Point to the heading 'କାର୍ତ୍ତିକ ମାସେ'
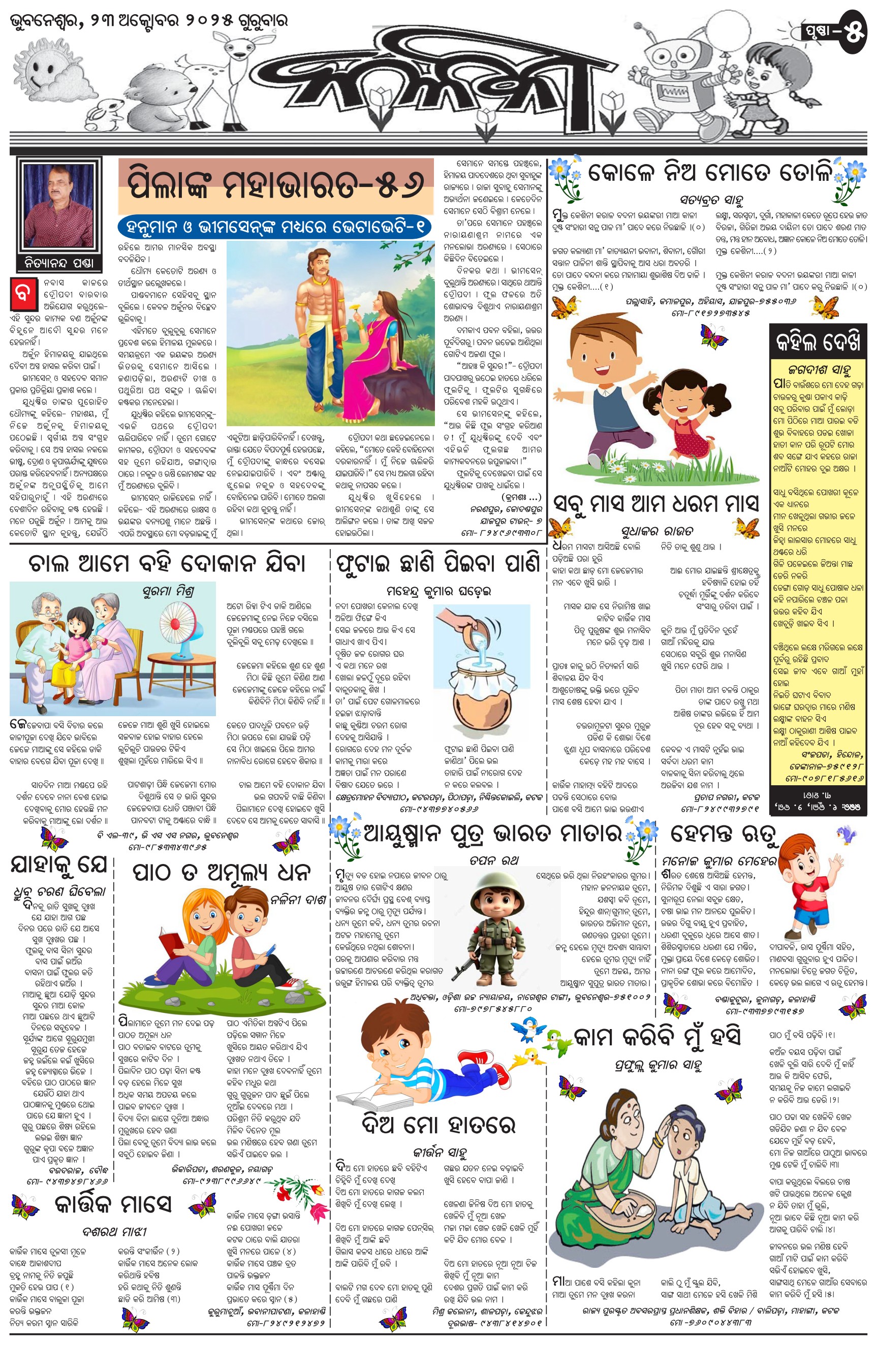113,1205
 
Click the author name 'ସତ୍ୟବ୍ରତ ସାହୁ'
711,200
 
